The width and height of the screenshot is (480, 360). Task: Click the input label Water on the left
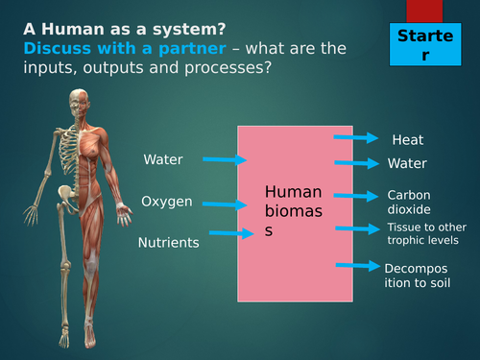coord(162,159)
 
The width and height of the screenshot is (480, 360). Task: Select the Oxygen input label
coord(167,202)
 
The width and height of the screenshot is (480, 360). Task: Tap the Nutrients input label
coord(169,243)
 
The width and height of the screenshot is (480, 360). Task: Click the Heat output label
coord(407,140)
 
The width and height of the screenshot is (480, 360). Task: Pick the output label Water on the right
coord(407,164)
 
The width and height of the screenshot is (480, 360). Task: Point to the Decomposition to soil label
coord(418,276)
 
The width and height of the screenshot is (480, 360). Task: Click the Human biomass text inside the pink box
coord(293,210)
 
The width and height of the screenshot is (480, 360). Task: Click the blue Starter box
coord(425,45)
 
